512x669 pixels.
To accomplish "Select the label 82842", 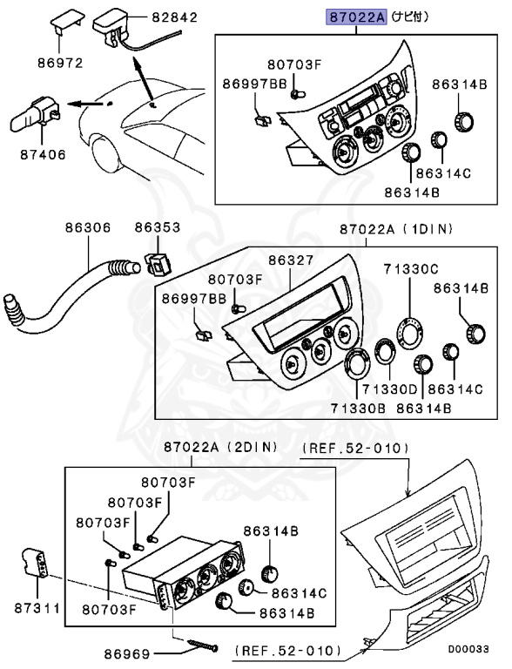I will point(174,17).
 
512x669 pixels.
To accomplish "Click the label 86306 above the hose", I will point(88,228).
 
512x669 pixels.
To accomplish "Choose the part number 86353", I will point(157,228).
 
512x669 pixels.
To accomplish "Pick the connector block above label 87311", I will point(34,564).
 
